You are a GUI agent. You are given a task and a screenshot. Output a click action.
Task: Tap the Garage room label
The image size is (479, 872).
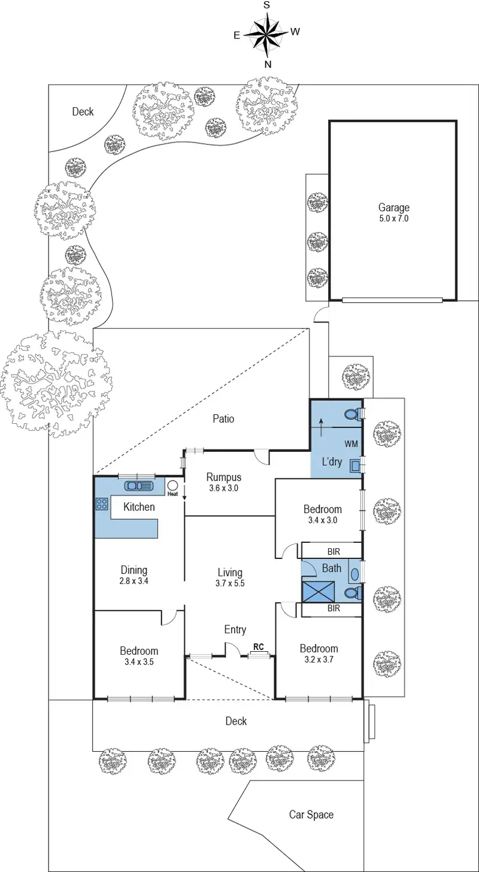point(393,208)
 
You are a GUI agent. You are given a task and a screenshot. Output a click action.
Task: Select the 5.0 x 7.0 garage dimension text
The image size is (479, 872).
point(393,218)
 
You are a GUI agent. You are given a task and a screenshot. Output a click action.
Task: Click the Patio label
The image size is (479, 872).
point(223,419)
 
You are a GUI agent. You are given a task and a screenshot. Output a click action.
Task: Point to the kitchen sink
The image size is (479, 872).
point(140,485)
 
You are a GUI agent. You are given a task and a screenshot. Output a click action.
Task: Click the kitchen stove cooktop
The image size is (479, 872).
point(101,504)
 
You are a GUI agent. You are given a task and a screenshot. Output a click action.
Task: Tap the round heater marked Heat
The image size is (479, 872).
point(173,486)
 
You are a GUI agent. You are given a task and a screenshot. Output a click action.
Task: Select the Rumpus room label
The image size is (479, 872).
point(224,477)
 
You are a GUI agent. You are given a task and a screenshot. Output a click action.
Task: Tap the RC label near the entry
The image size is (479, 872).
point(259,647)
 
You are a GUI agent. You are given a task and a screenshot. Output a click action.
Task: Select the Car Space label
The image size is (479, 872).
point(311,815)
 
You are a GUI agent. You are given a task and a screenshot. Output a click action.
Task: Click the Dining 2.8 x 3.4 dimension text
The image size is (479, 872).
point(134,581)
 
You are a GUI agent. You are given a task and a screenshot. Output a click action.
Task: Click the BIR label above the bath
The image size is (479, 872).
point(334,551)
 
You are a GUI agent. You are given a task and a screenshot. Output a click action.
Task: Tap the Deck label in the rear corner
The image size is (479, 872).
point(83,111)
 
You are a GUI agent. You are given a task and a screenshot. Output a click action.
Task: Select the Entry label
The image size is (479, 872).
point(235,629)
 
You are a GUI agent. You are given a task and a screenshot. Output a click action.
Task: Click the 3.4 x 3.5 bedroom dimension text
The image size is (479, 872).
point(139,662)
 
